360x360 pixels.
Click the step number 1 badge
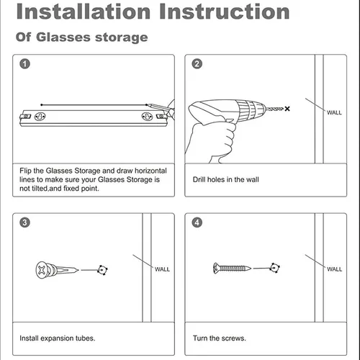click(24, 64)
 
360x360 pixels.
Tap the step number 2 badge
click(197, 64)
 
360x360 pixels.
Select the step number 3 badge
click(24, 222)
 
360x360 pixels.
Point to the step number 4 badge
click(197, 222)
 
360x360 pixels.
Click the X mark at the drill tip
click(287, 109)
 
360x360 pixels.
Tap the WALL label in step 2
click(334, 112)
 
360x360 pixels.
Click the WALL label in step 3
click(162, 269)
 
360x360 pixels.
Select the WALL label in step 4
click(335, 269)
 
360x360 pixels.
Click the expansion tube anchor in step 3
click(57, 270)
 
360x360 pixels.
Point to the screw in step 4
click(232, 268)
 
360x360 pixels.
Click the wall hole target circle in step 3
click(102, 270)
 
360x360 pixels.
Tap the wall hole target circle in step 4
click(274, 268)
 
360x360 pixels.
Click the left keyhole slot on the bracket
click(40, 117)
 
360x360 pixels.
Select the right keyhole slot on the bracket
click(147, 117)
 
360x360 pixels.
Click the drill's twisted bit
click(274, 109)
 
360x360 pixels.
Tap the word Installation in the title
click(84, 12)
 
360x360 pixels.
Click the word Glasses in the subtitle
click(63, 37)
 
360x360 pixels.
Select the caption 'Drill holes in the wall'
click(226, 179)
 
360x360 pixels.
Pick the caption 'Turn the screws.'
click(220, 338)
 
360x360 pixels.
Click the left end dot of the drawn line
click(42, 105)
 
